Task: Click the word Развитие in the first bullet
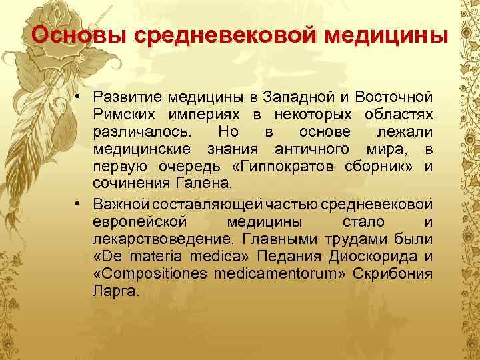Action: point(127,99)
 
